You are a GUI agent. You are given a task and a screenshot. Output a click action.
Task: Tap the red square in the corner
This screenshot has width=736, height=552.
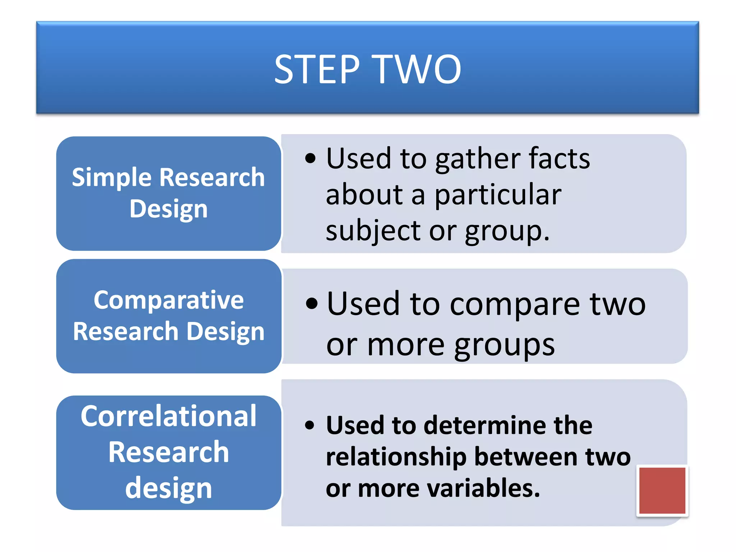[x=662, y=491]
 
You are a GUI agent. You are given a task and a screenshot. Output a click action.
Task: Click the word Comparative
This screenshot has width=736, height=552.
[x=169, y=300]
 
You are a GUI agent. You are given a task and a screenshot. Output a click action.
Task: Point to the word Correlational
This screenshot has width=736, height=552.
[x=169, y=416]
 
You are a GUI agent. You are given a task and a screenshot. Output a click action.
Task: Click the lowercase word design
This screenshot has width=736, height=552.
[x=169, y=488]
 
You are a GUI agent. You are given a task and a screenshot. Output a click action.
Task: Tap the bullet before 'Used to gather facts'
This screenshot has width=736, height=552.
[x=310, y=158]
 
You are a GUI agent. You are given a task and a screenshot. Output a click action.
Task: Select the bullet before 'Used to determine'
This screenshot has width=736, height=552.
[x=309, y=425]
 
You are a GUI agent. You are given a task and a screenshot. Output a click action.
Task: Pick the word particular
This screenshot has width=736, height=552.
[x=498, y=195]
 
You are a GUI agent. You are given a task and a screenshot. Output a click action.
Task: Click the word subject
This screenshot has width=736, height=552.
[x=373, y=231]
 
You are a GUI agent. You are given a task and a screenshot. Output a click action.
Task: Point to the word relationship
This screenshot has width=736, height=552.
[x=396, y=457]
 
